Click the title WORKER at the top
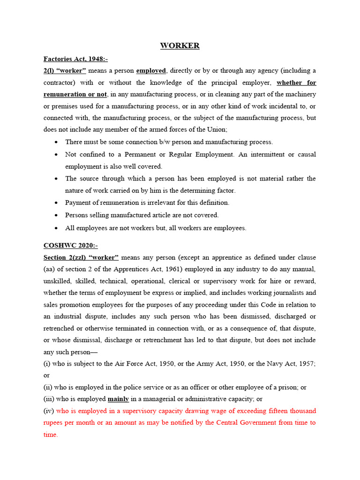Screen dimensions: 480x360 click(180, 45)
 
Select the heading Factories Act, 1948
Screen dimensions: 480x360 click(75, 59)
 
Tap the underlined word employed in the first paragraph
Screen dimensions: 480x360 click(151, 71)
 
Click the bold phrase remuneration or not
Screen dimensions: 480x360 click(75, 95)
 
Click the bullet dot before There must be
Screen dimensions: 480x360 click(56, 142)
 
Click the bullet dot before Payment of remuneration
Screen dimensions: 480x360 click(56, 203)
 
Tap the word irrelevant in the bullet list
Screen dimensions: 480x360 click(164, 203)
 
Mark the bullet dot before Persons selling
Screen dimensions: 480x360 click(56, 215)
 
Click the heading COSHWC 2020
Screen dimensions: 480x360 click(70, 245)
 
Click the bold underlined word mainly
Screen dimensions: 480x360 click(118, 399)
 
